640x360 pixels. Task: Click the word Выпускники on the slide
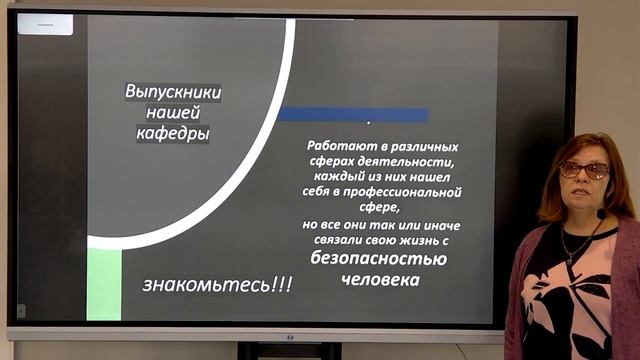point(173,91)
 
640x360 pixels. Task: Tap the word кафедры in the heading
point(173,132)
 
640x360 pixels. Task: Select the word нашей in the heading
point(173,111)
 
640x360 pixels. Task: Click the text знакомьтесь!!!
point(217,285)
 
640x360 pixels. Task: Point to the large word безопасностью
point(378,259)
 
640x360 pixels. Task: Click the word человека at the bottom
point(378,280)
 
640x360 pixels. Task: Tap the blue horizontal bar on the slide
point(352,114)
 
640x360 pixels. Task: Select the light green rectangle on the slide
point(104,284)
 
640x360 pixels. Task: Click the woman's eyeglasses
point(584,170)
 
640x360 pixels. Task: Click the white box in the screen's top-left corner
point(45,24)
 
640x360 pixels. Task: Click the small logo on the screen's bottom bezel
point(289,336)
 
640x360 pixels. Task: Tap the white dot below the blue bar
point(368,123)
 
